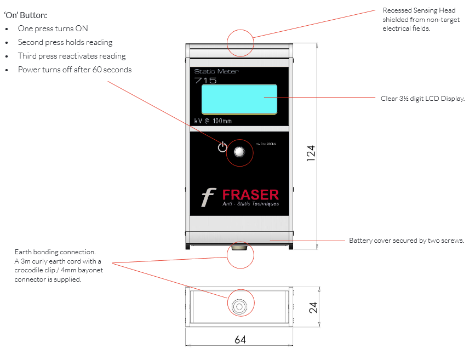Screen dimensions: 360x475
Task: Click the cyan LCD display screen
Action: [x=239, y=99]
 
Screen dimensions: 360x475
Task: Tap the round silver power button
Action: [x=239, y=153]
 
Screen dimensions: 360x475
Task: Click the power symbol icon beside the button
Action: [x=222, y=147]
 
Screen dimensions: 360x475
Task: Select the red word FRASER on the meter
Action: [x=250, y=194]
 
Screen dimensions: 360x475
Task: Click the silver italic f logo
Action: [x=208, y=197]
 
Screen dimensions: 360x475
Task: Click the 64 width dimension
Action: [x=240, y=340]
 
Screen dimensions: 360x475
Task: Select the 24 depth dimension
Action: [x=313, y=307]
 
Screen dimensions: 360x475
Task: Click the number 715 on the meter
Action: [x=205, y=80]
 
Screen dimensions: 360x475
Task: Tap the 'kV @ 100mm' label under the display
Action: [x=213, y=121]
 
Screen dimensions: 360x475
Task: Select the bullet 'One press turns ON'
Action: [x=53, y=28]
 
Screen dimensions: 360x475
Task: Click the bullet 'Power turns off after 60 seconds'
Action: [x=75, y=70]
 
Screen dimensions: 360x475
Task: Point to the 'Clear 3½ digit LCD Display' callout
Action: [x=422, y=99]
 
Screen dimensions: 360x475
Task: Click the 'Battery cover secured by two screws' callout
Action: [x=407, y=241]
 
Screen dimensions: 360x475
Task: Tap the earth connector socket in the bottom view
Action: [x=239, y=307]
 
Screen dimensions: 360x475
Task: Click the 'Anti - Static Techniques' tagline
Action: [x=250, y=204]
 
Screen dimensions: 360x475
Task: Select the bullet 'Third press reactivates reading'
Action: [x=72, y=56]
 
